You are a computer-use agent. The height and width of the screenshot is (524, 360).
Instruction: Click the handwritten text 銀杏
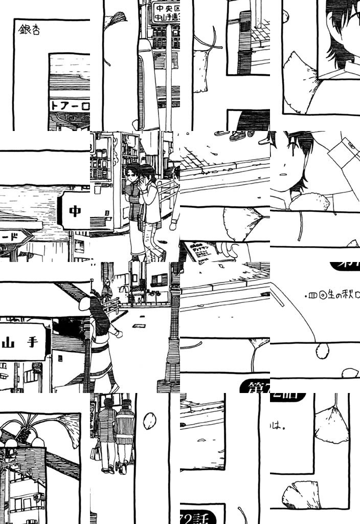point(29,30)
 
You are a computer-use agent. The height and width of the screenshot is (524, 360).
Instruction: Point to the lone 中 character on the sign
point(75,211)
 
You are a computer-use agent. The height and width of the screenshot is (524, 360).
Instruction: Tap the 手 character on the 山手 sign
point(32,342)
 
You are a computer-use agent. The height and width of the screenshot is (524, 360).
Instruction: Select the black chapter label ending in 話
point(202,515)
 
